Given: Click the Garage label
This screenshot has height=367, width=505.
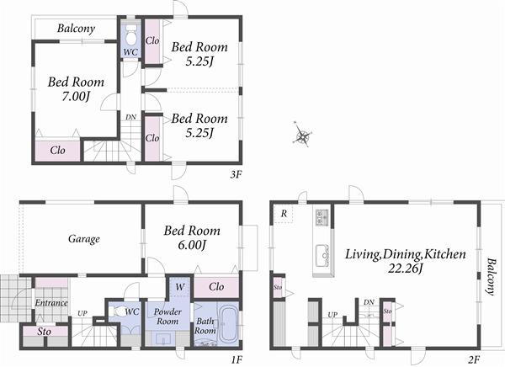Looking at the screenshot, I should point(84,239).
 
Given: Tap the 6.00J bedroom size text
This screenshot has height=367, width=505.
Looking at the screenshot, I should point(193,245).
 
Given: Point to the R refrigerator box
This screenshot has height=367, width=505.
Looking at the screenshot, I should point(284,215).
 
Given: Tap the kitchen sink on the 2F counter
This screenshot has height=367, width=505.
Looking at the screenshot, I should point(320,253).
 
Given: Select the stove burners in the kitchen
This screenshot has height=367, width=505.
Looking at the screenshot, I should point(320,219).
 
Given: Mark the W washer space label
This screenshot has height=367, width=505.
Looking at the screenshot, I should point(179,286).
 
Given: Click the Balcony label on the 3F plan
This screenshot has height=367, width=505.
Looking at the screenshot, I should point(75,29).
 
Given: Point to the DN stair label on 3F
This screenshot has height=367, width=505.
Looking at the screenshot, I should point(130,117).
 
